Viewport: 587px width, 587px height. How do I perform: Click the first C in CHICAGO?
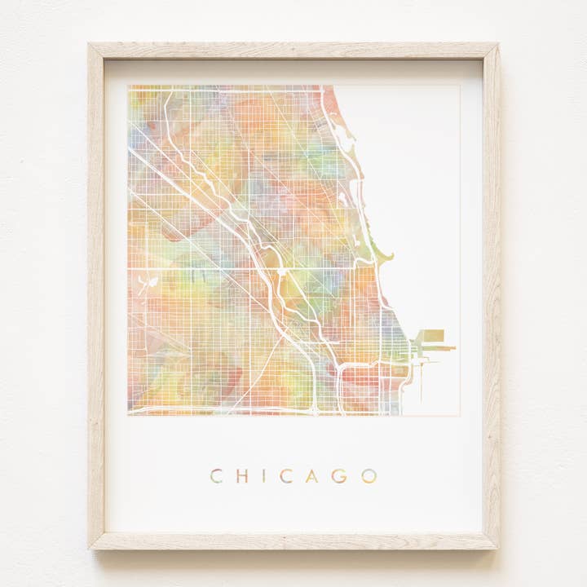click(216, 476)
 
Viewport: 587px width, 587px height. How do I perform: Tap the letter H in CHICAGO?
click(241, 476)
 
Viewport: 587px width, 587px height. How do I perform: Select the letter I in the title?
click(263, 476)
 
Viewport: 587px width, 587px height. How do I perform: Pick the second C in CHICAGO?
click(285, 476)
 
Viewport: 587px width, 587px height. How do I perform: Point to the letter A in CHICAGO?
click(311, 476)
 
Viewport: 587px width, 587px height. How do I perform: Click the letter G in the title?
click(338, 476)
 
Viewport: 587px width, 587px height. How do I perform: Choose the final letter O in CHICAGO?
click(369, 476)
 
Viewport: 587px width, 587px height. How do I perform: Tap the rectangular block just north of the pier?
click(432, 335)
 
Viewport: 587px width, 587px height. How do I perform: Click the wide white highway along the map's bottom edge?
click(220, 410)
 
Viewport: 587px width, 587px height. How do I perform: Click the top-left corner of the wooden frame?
click(90, 44)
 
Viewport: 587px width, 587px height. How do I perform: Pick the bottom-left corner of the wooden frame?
click(91, 547)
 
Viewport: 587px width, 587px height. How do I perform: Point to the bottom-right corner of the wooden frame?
click(497, 547)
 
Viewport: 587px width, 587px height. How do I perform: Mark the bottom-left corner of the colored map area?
click(128, 415)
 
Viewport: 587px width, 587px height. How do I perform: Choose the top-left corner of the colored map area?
click(128, 86)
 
